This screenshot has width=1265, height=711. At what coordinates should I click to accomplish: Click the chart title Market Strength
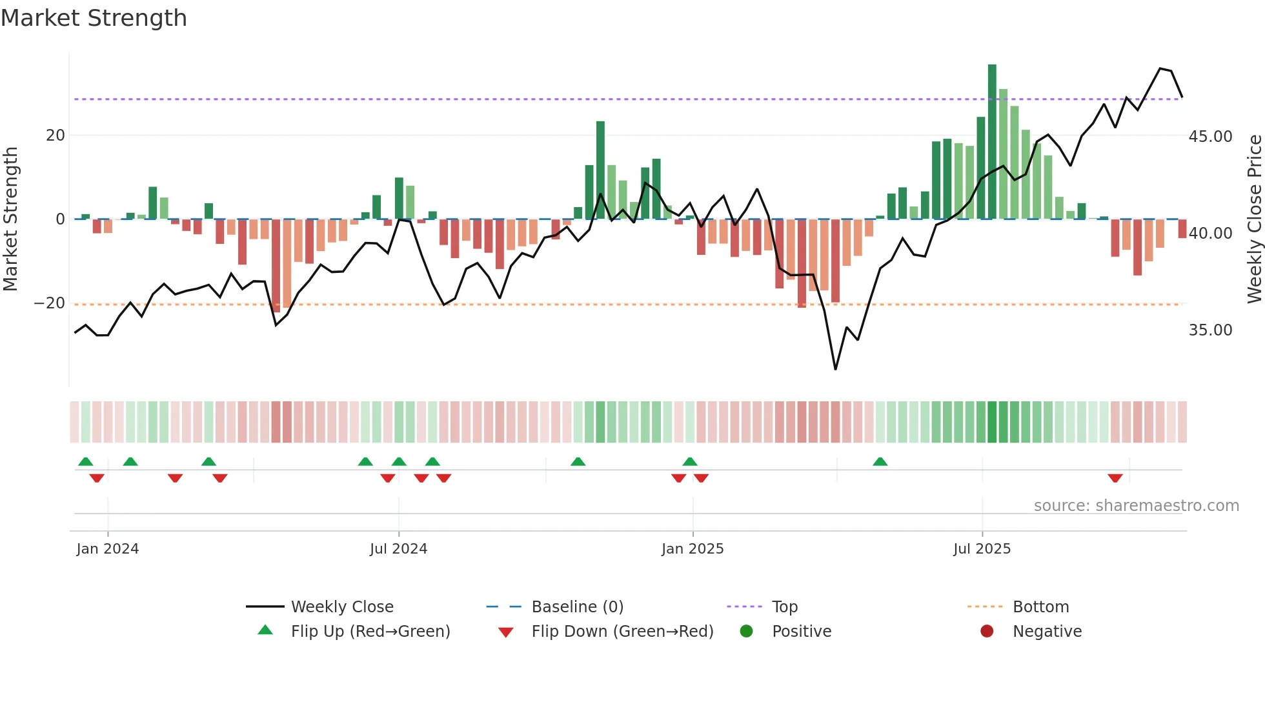pyautogui.click(x=94, y=18)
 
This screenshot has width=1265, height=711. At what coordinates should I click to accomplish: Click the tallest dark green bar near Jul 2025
pyautogui.click(x=992, y=142)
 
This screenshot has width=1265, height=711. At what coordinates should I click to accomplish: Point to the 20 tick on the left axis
pyautogui.click(x=56, y=135)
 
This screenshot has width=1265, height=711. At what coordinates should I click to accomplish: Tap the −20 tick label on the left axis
pyautogui.click(x=50, y=303)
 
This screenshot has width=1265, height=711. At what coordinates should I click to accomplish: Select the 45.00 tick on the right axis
pyautogui.click(x=1210, y=137)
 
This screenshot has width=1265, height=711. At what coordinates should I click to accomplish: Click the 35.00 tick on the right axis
pyautogui.click(x=1210, y=330)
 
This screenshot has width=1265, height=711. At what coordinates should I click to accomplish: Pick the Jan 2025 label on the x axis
pyautogui.click(x=693, y=549)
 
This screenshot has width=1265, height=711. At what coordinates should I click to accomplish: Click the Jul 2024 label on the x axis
pyautogui.click(x=398, y=549)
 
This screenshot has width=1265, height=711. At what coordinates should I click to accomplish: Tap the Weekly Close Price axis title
pyautogui.click(x=1254, y=219)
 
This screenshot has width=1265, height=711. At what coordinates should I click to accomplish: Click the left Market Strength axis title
pyautogui.click(x=10, y=219)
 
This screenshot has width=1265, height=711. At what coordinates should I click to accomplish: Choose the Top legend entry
pyautogui.click(x=784, y=607)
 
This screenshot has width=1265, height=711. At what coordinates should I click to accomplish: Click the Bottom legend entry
pyautogui.click(x=1040, y=607)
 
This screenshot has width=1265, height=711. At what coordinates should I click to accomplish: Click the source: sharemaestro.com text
pyautogui.click(x=1136, y=506)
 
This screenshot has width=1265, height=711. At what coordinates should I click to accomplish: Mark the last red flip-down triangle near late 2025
pyautogui.click(x=1115, y=478)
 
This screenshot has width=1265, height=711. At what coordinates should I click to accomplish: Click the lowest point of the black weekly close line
pyautogui.click(x=835, y=369)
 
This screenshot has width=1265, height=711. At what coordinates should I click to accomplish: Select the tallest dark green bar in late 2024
pyautogui.click(x=600, y=170)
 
